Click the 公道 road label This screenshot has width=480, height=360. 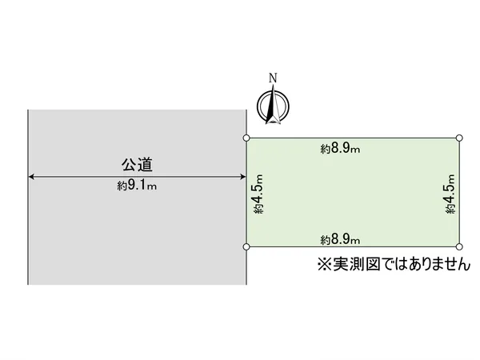click(x=137, y=164)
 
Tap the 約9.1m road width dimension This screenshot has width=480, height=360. click(x=137, y=186)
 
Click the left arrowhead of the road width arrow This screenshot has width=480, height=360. click(x=31, y=177)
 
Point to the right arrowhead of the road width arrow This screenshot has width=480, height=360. click(x=242, y=177)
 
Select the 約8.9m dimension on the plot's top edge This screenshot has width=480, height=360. click(x=340, y=149)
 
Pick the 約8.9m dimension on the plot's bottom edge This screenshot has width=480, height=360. click(x=340, y=238)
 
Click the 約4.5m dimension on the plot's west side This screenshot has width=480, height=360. click(x=258, y=194)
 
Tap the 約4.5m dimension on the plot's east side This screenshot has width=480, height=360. click(x=450, y=194)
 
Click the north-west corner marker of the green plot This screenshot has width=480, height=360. click(x=246, y=138)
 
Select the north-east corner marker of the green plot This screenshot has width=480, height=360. click(x=459, y=138)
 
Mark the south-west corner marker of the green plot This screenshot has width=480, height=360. click(x=246, y=246)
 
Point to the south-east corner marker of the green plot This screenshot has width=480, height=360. click(x=459, y=246)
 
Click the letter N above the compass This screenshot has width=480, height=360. click(x=273, y=78)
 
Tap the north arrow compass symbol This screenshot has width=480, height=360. click(x=273, y=106)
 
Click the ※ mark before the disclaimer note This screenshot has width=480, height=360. click(x=325, y=264)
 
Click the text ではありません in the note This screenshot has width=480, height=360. click(x=426, y=264)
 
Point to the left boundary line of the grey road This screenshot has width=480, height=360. click(x=28, y=197)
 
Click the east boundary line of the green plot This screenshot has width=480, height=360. click(x=459, y=192)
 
